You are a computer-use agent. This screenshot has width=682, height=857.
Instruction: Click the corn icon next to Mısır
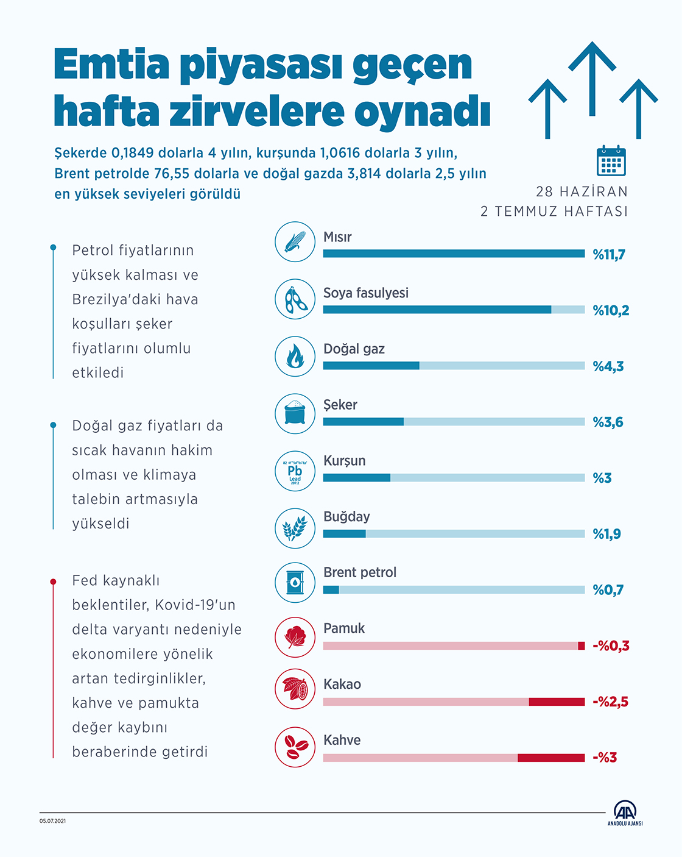295,242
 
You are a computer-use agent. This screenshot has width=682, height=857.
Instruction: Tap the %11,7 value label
609,255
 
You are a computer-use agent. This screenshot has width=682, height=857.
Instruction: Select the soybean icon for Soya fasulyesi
295,299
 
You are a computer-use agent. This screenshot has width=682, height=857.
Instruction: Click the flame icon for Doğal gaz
295,355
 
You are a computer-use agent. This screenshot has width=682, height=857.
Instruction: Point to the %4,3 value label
608,366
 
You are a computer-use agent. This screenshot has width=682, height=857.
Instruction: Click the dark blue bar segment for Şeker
363,422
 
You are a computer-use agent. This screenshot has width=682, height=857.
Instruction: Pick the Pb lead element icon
295,471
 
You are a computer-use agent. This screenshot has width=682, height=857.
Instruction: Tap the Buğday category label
346,516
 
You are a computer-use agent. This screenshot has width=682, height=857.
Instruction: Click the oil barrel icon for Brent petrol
295,582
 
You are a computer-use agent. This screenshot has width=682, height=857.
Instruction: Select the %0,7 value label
608,590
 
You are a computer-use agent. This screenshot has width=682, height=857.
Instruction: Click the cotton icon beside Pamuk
295,638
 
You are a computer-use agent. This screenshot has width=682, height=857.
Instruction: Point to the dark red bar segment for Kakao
557,702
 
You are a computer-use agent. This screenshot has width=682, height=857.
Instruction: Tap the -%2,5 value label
610,702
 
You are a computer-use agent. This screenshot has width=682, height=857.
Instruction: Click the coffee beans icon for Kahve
295,747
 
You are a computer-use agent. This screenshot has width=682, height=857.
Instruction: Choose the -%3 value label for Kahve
605,758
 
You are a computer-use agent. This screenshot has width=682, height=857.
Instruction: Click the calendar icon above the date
611,161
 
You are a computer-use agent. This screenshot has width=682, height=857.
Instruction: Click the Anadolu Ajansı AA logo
625,813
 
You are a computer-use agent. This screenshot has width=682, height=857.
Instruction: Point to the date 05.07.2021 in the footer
53,821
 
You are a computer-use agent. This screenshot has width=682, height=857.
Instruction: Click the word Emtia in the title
111,64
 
